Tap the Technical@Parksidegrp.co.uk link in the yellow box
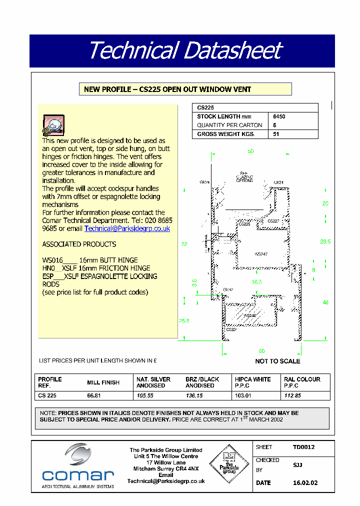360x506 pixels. coord(127,228)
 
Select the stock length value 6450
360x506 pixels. coord(279,116)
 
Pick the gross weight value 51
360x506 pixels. coord(276,134)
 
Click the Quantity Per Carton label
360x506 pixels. coord(229,125)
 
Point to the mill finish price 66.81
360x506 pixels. coord(94,395)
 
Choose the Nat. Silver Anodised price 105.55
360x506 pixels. coord(144,395)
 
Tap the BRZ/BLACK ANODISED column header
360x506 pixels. coord(202,382)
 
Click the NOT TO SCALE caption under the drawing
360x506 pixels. coord(277,361)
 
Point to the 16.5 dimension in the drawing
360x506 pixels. coord(256,282)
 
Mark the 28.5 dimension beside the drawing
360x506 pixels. coord(325,241)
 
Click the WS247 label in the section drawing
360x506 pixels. coord(261,254)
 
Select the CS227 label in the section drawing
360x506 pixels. coord(273,220)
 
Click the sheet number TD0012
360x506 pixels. coord(303,447)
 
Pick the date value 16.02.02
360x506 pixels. coord(304,483)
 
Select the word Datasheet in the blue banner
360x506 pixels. coord(232,51)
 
